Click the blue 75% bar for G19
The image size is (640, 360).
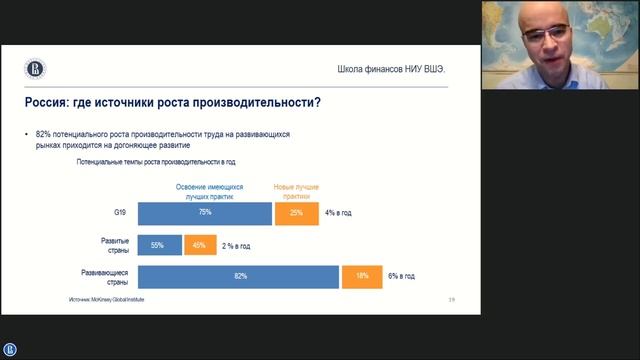click(x=204, y=213)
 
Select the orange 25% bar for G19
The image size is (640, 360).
click(x=295, y=213)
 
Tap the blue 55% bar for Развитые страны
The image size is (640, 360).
click(x=159, y=245)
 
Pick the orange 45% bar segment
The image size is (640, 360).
click(x=199, y=245)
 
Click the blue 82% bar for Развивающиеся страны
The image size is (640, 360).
click(x=238, y=276)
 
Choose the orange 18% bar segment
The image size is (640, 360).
click(x=361, y=276)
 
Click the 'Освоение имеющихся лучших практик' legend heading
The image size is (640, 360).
click(x=205, y=192)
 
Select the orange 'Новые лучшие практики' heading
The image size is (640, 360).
click(x=296, y=192)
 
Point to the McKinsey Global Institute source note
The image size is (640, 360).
click(x=106, y=299)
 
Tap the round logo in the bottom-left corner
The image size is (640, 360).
click(x=10, y=349)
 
